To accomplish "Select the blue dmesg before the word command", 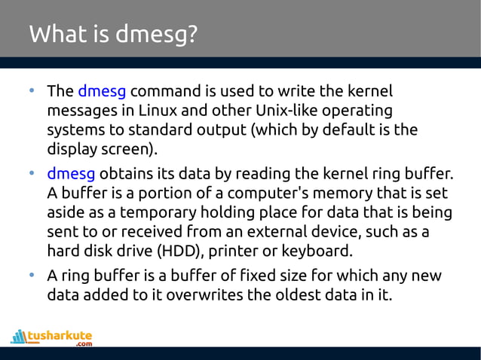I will coord(102,92).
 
